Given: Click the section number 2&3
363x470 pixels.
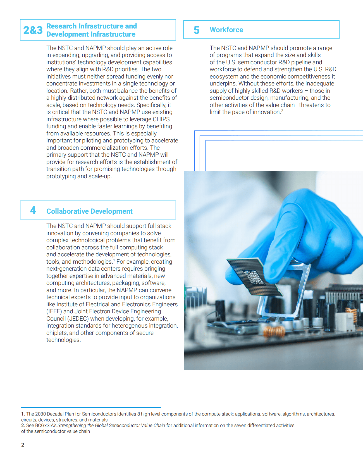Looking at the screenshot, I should click(x=33, y=30).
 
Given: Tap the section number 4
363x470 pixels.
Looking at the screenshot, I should click(x=33, y=210).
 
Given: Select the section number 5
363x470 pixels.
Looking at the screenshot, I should click(x=197, y=30).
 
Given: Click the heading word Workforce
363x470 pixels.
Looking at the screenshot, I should click(x=226, y=30).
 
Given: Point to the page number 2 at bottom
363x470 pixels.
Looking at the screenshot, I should click(x=23, y=445).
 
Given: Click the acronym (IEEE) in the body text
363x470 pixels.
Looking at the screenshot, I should click(x=54, y=311).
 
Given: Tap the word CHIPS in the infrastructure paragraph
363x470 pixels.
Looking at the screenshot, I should click(x=161, y=119).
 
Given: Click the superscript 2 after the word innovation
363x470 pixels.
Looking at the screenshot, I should click(x=282, y=111).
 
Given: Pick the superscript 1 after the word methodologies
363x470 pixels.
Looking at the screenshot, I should click(x=114, y=261).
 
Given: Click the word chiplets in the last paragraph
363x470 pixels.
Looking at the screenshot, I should click(x=57, y=333).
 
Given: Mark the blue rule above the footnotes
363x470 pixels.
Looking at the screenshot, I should click(x=91, y=407).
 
